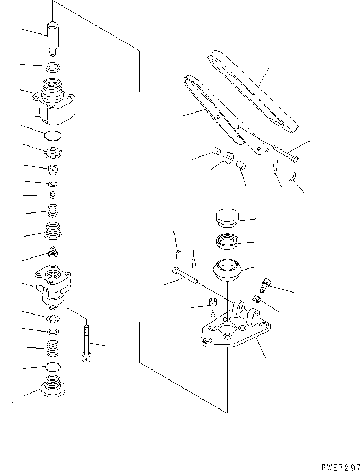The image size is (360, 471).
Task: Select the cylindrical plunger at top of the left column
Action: (53, 37)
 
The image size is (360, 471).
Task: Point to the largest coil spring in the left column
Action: (53, 231)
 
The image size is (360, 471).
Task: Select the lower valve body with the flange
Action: (53, 284)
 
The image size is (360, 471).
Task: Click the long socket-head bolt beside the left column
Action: (86, 344)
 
